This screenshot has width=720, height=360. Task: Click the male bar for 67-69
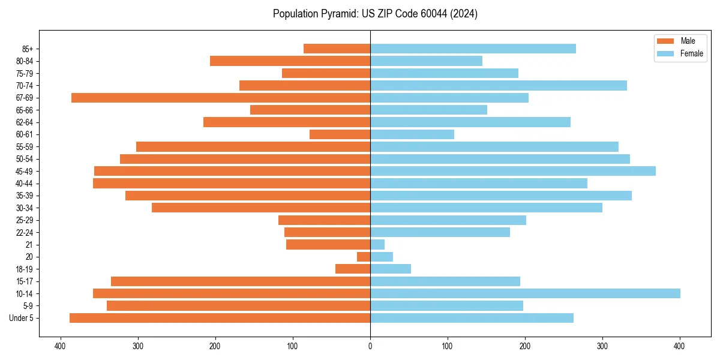221,98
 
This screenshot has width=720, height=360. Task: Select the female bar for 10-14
525,293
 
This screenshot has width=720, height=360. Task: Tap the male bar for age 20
364,257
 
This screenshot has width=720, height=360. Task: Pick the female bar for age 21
377,245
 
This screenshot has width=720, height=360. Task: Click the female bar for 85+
473,49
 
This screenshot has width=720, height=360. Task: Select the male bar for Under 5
220,318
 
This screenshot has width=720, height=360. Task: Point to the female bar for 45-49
513,171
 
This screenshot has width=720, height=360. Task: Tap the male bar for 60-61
340,134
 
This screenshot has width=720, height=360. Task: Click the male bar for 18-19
353,269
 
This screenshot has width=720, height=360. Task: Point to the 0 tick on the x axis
370,346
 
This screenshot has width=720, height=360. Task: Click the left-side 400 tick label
60,346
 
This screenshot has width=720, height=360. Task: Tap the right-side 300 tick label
602,346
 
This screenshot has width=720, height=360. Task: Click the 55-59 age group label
25,147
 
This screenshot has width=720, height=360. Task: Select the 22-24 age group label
25,233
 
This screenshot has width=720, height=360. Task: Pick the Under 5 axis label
21,318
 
